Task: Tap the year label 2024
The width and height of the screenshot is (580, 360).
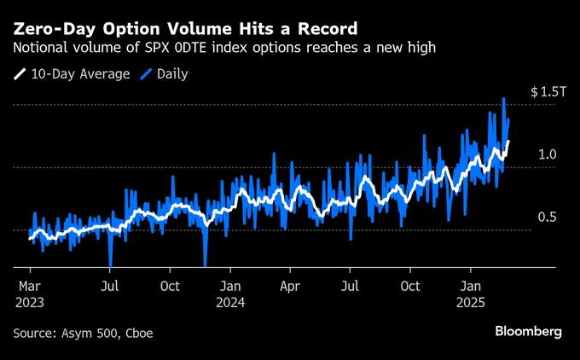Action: tap(230, 302)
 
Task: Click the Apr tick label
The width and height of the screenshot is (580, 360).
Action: tap(291, 286)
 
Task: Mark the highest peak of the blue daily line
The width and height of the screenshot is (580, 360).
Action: tap(504, 99)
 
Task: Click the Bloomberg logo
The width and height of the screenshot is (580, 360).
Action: tap(529, 331)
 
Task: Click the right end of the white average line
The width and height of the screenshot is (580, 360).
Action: tap(508, 142)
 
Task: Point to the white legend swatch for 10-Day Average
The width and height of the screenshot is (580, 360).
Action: tap(20, 74)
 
